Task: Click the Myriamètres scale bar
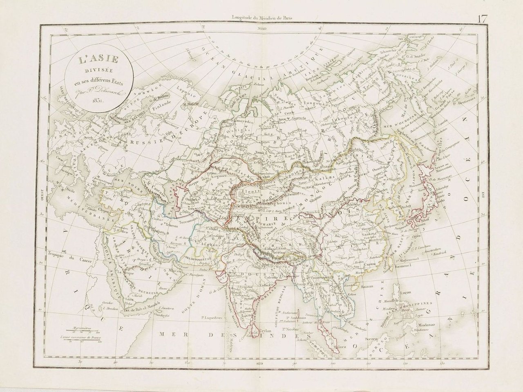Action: pyautogui.click(x=78, y=331)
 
